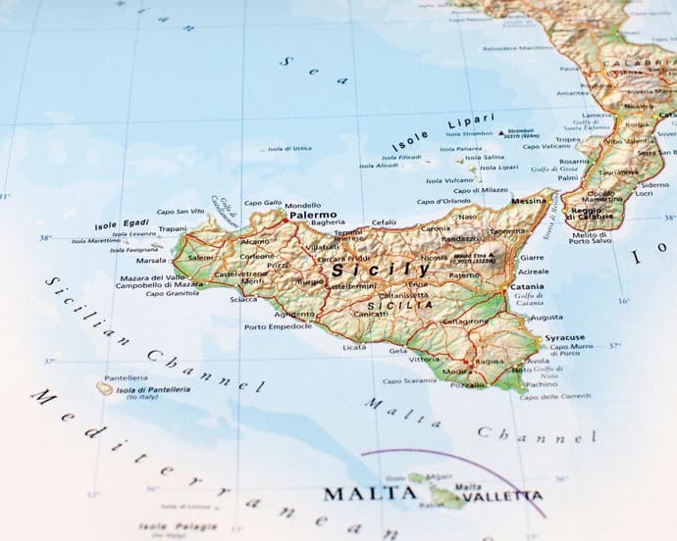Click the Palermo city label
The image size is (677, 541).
(313, 214)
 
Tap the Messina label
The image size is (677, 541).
(529, 201)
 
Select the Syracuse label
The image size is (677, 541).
(564, 338)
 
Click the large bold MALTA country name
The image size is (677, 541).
(370, 493)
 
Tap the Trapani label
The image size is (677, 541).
(173, 228)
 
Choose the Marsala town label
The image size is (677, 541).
(151, 261)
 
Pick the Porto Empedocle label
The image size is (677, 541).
(280, 326)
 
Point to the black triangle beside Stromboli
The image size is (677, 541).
(500, 132)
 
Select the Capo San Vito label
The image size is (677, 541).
(181, 211)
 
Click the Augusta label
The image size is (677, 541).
(547, 318)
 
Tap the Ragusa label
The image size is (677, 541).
(489, 361)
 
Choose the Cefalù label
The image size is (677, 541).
(385, 222)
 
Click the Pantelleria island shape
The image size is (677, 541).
(104, 389)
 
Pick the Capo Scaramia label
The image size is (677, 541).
(408, 381)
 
